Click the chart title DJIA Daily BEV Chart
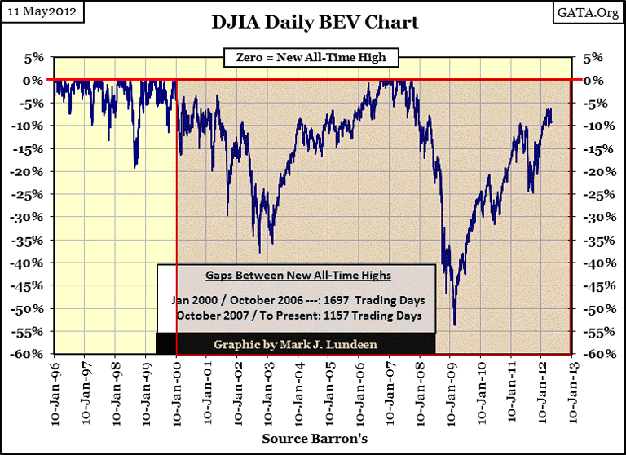(313, 21)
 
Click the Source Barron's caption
(313, 439)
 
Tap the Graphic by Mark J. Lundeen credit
(296, 344)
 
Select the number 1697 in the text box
(345, 299)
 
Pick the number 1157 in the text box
(345, 315)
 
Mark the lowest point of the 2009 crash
(454, 325)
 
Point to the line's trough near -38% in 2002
(259, 252)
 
